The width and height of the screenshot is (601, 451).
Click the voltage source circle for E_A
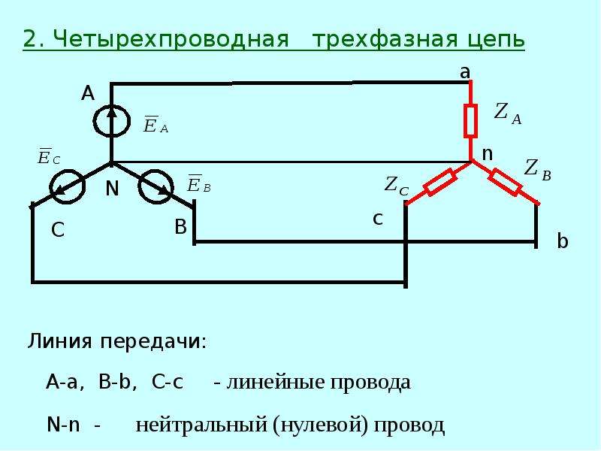tap(95, 122)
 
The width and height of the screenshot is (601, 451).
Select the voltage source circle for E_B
tap(140, 187)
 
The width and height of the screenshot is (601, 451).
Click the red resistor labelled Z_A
tap(471, 120)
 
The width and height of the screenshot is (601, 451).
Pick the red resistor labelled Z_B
tap(505, 182)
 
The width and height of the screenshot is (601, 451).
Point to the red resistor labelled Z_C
tap(440, 183)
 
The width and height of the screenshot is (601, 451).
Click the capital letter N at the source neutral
tap(112, 189)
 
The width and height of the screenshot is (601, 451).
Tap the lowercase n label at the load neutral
tap(487, 154)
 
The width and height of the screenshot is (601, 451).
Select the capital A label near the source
tap(88, 93)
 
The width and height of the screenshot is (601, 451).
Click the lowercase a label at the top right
tap(465, 71)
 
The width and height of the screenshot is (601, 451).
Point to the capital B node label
tap(180, 227)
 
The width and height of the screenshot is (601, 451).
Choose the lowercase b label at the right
tap(562, 241)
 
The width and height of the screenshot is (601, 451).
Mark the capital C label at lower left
tap(58, 230)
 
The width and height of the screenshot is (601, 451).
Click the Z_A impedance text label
tap(508, 114)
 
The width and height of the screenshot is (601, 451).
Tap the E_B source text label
tap(198, 183)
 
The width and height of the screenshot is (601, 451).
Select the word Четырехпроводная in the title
tap(171, 39)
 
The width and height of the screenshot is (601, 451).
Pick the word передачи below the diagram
tap(153, 341)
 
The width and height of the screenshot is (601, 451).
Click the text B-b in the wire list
tap(115, 382)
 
